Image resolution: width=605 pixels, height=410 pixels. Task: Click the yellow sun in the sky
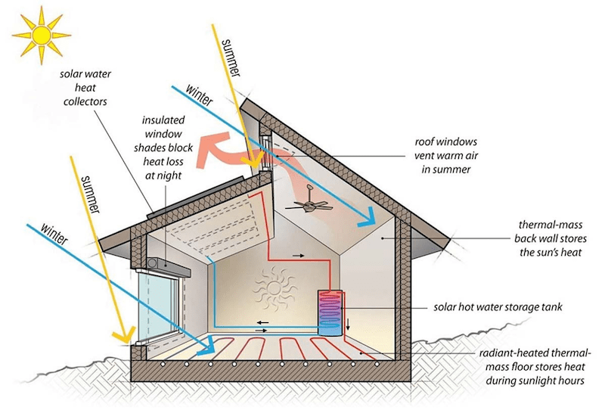(42, 35)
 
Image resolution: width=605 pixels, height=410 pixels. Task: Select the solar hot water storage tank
(331, 312)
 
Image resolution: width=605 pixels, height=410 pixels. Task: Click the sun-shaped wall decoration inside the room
(274, 288)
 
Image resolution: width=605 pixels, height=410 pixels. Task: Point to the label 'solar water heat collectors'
(85, 88)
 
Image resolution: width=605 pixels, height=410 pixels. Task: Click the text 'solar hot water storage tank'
(498, 307)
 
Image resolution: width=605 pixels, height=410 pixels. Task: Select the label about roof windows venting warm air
(446, 156)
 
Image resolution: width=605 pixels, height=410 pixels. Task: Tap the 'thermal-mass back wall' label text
(551, 238)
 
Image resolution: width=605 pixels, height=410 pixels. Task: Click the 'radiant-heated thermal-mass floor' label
(535, 367)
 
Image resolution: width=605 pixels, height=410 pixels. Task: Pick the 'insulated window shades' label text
(163, 148)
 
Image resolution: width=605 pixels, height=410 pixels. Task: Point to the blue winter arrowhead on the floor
(206, 346)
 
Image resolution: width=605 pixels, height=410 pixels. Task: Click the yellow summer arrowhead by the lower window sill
(124, 334)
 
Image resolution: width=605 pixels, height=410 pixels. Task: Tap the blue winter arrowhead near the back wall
(367, 218)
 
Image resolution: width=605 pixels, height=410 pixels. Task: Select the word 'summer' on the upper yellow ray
(231, 58)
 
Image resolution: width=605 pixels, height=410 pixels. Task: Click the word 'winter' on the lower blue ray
(54, 234)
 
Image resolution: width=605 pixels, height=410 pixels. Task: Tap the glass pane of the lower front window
(157, 306)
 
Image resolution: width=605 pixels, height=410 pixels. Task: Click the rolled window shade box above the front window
(169, 266)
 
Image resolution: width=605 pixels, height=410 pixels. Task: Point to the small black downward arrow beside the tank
(348, 324)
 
